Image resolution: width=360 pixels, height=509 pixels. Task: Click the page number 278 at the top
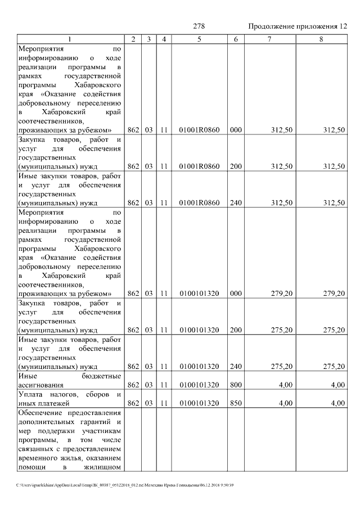pos(199,26)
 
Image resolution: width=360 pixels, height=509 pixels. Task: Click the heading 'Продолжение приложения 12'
pos(298,26)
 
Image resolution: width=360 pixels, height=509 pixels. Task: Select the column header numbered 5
pos(199,39)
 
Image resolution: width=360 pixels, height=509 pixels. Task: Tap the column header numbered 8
pos(321,39)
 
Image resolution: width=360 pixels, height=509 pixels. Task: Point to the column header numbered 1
pos(70,39)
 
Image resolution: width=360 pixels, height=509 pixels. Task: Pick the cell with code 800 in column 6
pos(236,385)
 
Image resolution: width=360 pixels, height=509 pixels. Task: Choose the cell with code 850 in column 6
pos(236,403)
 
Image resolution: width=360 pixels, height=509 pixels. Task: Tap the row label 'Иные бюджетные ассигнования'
pos(70,380)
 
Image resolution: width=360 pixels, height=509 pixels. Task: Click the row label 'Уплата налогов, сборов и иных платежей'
pos(70,399)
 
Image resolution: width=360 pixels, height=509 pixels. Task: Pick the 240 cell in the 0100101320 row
pos(236,367)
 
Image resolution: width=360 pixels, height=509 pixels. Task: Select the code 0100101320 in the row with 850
pos(199,403)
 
